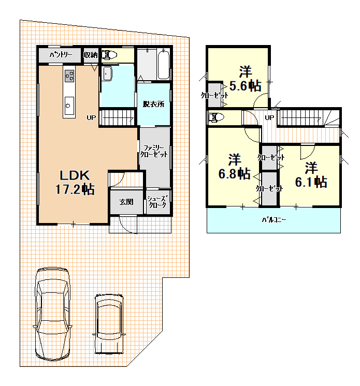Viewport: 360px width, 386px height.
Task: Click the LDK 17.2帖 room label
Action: (x=75, y=183)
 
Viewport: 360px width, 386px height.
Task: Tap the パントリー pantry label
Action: (x=61, y=55)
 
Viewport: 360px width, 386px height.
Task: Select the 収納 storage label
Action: (x=91, y=55)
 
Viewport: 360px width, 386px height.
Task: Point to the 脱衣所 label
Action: (x=153, y=104)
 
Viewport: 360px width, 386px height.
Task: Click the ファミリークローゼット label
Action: (x=154, y=151)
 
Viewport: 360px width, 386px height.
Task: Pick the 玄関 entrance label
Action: (x=126, y=202)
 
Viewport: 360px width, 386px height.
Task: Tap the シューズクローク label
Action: (x=157, y=202)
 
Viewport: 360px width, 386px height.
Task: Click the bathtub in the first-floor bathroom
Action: (x=164, y=65)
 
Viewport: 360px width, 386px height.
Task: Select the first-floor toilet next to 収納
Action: (x=108, y=55)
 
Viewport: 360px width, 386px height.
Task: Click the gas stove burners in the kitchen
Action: (x=69, y=76)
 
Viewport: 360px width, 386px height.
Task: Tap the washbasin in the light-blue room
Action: (x=107, y=73)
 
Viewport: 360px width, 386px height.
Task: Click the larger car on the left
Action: (x=52, y=314)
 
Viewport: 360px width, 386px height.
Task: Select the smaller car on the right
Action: (x=109, y=324)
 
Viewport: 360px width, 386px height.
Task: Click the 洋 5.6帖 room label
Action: (x=245, y=79)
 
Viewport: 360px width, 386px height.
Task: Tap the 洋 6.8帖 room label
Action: (x=234, y=167)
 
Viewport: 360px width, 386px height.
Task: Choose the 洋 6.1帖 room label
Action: (x=311, y=175)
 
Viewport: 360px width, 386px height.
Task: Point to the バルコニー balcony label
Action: (x=274, y=219)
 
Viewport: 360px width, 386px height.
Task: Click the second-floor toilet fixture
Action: (x=216, y=117)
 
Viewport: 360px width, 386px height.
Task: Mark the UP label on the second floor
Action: (x=269, y=117)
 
